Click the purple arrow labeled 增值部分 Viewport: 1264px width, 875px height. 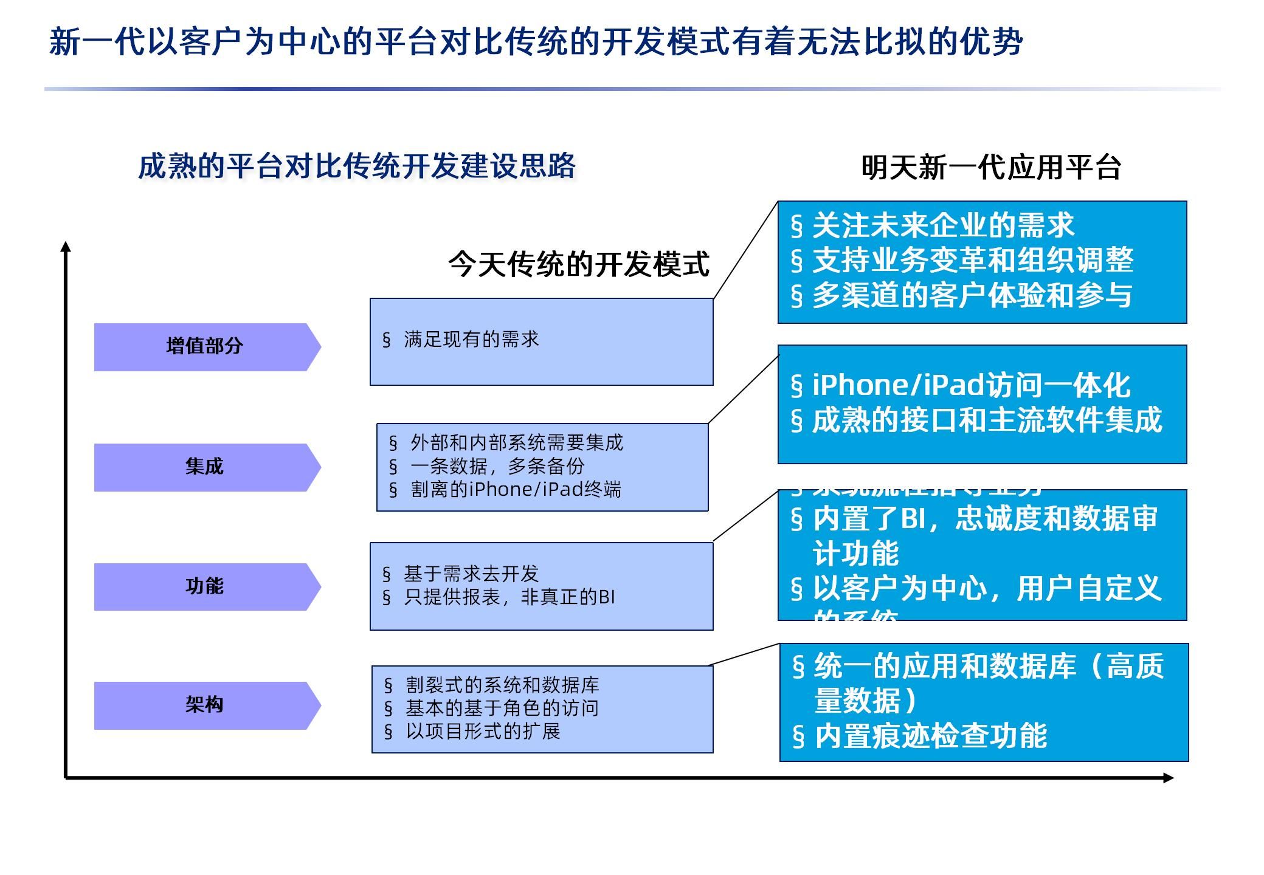point(205,347)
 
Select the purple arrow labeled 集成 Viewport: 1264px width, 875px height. point(205,467)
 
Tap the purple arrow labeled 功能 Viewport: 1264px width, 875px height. point(205,587)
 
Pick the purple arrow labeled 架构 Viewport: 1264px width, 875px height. point(205,705)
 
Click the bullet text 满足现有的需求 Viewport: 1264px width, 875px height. point(471,339)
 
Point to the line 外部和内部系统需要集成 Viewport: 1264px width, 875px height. point(516,442)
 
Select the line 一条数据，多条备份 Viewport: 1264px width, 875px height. point(497,466)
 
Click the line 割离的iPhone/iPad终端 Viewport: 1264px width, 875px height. point(516,489)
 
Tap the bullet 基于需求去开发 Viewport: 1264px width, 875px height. point(471,573)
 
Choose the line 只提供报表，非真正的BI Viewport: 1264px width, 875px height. point(509,597)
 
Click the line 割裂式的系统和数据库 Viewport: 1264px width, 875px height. point(502,685)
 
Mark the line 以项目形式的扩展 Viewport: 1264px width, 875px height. point(483,731)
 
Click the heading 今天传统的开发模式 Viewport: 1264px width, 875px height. point(579,264)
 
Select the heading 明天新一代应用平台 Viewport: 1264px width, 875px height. point(991,167)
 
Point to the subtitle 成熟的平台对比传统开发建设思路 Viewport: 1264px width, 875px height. point(357,166)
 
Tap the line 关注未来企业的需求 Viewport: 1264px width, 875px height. point(943,225)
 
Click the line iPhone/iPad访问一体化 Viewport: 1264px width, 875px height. point(971,385)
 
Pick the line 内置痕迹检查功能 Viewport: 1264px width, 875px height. point(930,736)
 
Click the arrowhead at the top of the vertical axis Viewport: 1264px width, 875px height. point(66,247)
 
